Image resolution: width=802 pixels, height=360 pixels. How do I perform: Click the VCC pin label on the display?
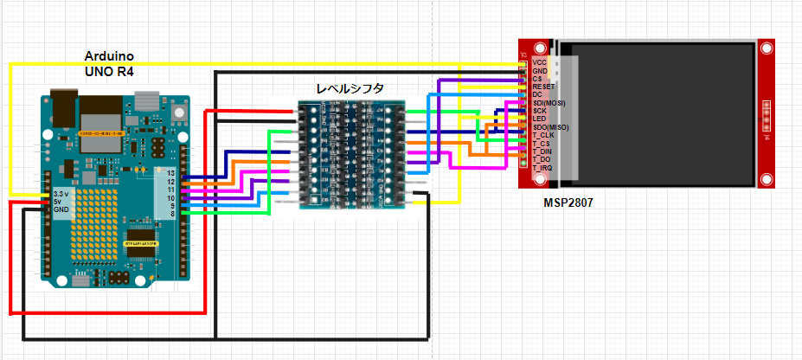pos(539,62)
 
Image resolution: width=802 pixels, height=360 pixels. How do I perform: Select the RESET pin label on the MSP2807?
pos(543,87)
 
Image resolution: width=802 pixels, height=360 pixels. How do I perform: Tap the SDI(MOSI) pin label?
pos(549,103)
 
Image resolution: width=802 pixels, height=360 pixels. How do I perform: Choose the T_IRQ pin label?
pos(542,168)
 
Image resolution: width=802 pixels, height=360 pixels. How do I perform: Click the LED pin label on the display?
pos(539,119)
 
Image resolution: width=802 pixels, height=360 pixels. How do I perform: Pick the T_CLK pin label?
pos(543,135)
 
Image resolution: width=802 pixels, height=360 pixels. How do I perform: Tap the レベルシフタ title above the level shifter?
pos(350,88)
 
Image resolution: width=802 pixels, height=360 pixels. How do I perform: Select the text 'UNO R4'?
pos(109,71)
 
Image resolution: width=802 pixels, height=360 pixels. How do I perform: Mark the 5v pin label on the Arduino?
pos(58,201)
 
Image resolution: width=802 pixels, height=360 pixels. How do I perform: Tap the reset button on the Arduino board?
pos(180,111)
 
